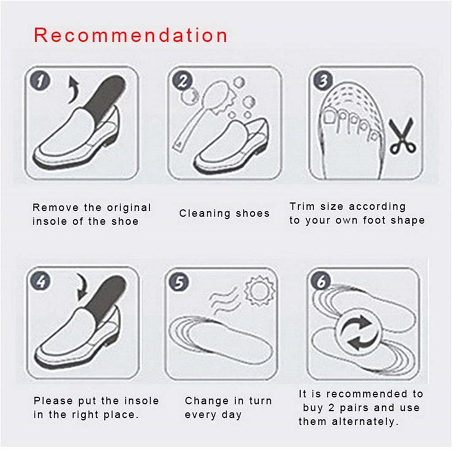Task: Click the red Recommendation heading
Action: tap(131, 35)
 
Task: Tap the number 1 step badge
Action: tap(40, 82)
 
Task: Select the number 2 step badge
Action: tap(182, 81)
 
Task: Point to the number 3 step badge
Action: tap(324, 81)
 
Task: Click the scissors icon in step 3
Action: tap(401, 136)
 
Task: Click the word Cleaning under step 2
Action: tap(205, 214)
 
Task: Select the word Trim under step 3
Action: tap(303, 207)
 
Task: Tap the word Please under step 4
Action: tap(53, 401)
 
